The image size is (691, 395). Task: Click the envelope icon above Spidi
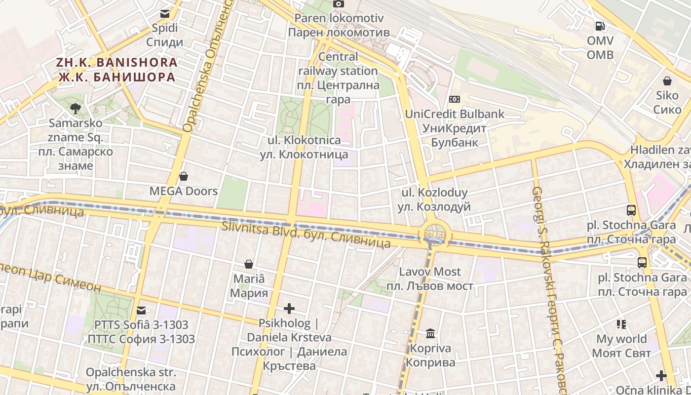click(164, 13)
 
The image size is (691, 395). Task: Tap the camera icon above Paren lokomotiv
click(338, 3)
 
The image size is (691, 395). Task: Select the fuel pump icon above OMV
click(600, 25)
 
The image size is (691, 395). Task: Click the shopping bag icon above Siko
click(667, 81)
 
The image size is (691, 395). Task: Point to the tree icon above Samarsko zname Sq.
click(76, 108)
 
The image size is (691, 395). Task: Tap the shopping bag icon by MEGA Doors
click(184, 176)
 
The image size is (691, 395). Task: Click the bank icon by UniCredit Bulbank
click(455, 99)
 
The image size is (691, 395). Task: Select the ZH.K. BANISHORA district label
click(116, 70)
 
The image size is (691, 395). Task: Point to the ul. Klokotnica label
click(304, 147)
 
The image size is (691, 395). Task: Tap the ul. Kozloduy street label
click(434, 199)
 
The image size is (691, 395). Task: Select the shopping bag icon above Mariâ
click(249, 265)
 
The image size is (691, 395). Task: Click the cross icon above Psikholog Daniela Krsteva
click(289, 309)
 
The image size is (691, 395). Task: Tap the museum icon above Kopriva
click(430, 334)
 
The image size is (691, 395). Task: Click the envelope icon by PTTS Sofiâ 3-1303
click(141, 311)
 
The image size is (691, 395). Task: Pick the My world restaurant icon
click(621, 324)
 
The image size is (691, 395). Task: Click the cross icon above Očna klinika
click(661, 376)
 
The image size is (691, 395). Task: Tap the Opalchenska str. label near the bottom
click(131, 379)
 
